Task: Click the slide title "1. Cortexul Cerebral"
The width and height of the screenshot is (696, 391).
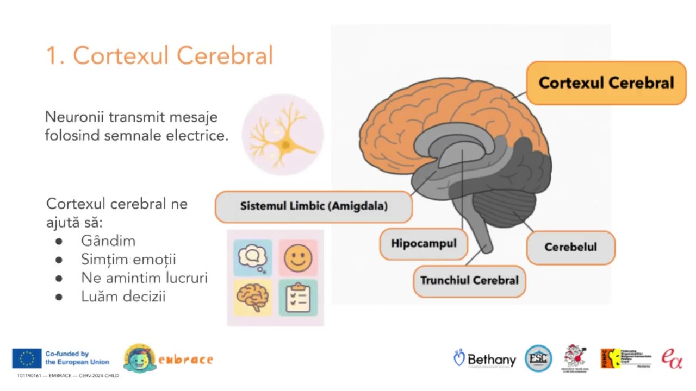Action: click(x=159, y=55)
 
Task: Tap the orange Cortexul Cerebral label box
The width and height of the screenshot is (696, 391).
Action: click(x=606, y=83)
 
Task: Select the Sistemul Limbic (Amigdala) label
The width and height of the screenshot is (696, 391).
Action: click(x=314, y=206)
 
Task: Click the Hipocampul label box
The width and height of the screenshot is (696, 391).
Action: click(x=424, y=243)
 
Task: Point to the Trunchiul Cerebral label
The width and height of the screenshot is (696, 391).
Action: click(x=469, y=281)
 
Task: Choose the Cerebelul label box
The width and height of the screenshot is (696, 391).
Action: click(x=570, y=247)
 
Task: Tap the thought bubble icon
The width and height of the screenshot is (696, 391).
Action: click(x=253, y=257)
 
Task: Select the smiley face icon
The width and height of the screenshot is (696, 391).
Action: click(x=298, y=257)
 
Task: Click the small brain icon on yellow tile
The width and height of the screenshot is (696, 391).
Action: click(x=253, y=297)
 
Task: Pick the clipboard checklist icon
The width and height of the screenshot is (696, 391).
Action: click(x=298, y=297)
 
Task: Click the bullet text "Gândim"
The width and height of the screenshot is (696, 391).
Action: click(x=108, y=241)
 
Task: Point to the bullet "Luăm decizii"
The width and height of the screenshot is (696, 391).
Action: click(x=123, y=297)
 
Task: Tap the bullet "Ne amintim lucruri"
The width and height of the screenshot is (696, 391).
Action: click(x=144, y=278)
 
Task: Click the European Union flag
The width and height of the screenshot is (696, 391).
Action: click(x=27, y=358)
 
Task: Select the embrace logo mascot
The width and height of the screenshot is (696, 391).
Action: click(x=139, y=358)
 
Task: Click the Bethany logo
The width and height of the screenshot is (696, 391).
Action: click(x=485, y=359)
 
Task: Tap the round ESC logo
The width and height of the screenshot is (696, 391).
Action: click(x=538, y=358)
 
